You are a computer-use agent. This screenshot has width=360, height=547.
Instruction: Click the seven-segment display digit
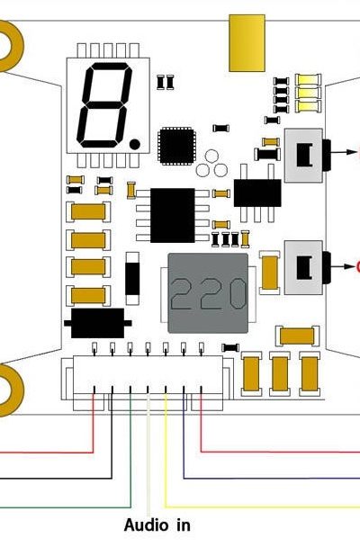click(104, 105)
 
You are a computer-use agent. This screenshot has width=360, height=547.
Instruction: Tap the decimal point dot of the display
click(134, 144)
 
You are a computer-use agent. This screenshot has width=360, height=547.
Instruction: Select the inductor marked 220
click(208, 293)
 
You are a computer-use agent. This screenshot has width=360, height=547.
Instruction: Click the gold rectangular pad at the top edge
click(247, 43)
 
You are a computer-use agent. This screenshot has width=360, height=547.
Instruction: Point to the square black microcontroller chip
click(176, 146)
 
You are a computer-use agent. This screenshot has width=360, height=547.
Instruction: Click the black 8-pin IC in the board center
click(172, 215)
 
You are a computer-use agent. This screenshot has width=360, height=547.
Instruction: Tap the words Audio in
click(157, 525)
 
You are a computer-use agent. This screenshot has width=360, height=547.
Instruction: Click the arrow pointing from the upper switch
click(343, 152)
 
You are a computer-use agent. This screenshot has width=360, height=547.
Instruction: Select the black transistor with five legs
click(257, 193)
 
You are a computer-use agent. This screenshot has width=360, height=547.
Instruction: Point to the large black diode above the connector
click(98, 323)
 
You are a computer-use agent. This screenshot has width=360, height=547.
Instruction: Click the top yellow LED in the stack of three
click(308, 80)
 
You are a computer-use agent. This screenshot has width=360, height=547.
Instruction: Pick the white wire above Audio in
click(148, 453)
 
